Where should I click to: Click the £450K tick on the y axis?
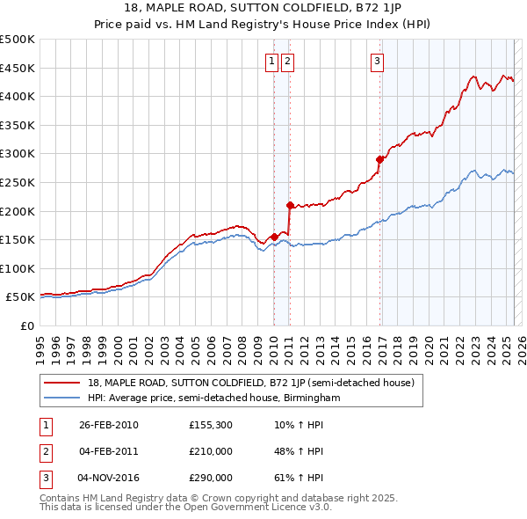click(19, 68)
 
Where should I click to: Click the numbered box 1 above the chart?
click(271, 61)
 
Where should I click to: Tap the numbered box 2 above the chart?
click(287, 61)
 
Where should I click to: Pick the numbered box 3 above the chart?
click(377, 61)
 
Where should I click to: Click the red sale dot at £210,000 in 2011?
click(289, 205)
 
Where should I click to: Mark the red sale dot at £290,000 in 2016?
click(379, 159)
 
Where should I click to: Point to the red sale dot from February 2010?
click(274, 236)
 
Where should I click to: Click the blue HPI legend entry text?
click(213, 398)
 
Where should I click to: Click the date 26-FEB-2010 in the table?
click(109, 425)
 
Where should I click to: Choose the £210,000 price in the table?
click(211, 451)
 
